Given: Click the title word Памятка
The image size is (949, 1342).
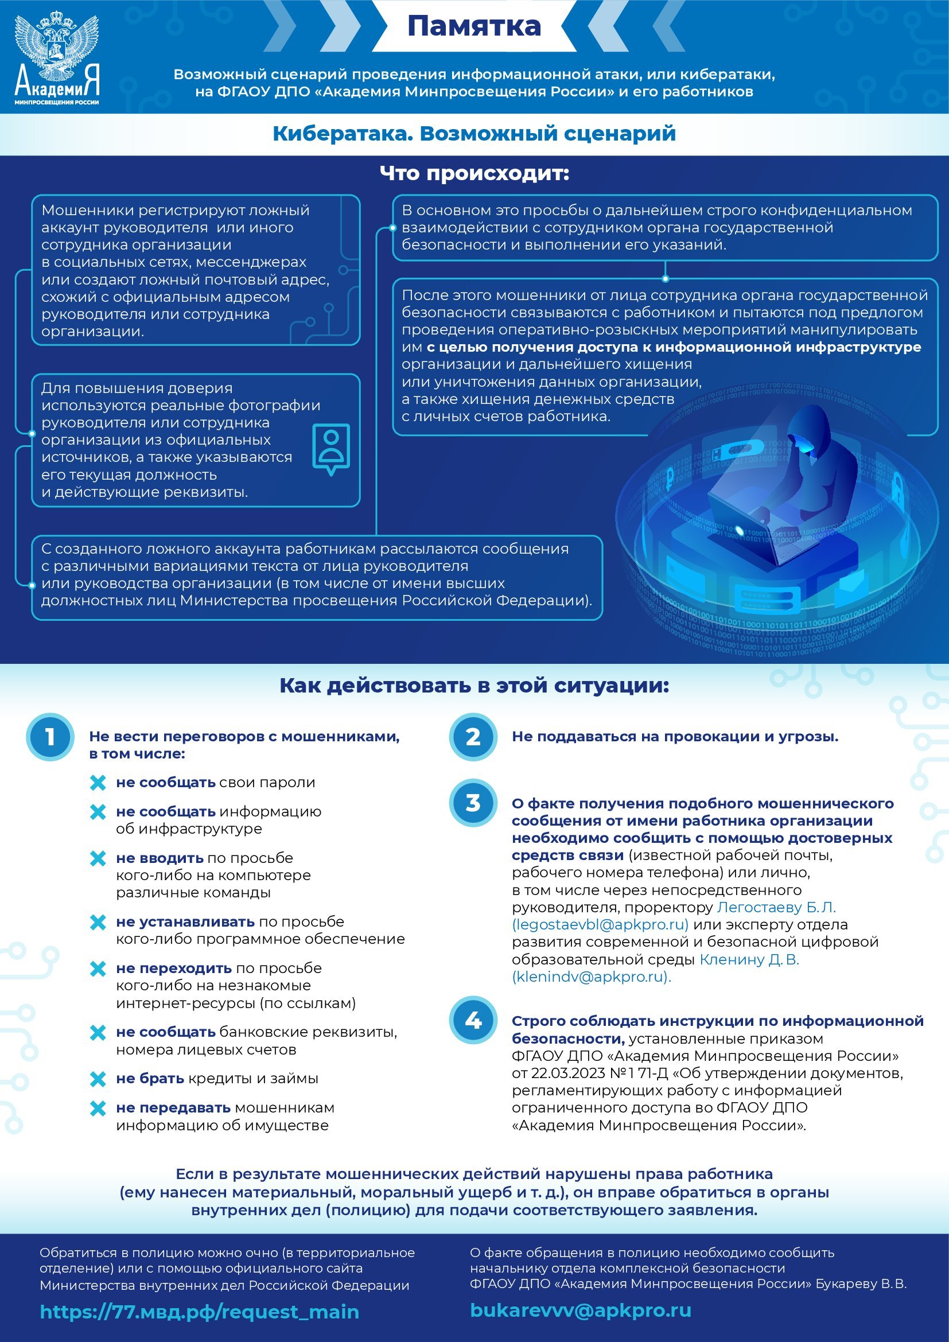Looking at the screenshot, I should [473, 26].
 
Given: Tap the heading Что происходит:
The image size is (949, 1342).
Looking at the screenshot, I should [474, 173].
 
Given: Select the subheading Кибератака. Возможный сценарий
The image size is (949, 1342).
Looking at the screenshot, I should [474, 133].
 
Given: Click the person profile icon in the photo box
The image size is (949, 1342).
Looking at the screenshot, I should [331, 448].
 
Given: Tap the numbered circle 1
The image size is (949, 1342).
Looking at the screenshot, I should [50, 737].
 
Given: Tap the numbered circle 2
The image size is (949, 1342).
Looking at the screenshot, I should [473, 737].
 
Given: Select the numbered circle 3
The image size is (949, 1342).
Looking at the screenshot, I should [473, 804].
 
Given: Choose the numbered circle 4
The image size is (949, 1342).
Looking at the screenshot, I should [473, 1020].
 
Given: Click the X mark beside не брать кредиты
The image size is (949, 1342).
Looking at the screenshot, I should [98, 1079].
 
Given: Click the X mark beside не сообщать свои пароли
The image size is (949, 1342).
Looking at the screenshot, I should [98, 783].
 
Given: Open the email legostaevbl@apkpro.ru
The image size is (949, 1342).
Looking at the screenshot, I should [600, 925].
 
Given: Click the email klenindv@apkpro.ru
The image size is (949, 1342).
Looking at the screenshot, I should [592, 977].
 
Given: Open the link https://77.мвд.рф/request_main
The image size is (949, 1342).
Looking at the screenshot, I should [199, 1312].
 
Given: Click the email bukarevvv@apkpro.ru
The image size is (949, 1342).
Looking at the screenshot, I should [580, 1310].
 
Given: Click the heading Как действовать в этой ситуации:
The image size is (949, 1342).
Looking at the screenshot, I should [474, 686].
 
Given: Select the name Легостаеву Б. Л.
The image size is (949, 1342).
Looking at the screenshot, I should [776, 907].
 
